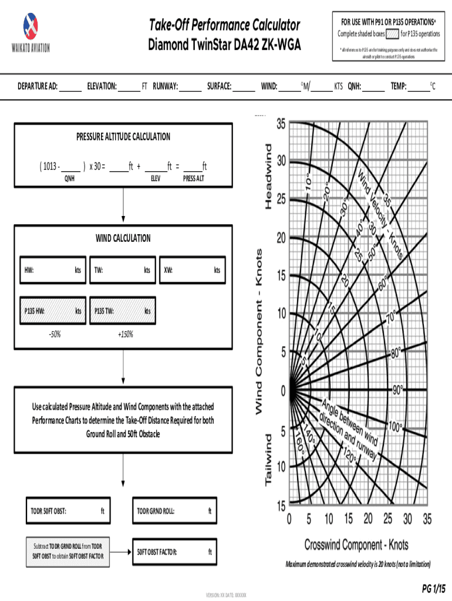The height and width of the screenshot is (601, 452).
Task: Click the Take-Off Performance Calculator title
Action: [x=224, y=25]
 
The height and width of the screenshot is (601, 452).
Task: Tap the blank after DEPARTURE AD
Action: [x=70, y=87]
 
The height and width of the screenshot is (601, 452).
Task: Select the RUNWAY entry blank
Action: [x=190, y=87]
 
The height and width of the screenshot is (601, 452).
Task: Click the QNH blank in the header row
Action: [x=373, y=87]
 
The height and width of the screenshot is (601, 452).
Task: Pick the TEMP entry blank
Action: [x=419, y=87]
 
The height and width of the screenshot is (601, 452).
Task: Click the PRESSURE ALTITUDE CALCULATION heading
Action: [x=123, y=137]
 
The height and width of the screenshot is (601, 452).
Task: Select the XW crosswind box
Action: [x=192, y=271]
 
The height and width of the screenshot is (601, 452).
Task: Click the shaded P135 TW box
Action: [x=122, y=311]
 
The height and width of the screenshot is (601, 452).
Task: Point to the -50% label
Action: [x=55, y=335]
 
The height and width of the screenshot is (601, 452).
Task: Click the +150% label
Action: [x=125, y=335]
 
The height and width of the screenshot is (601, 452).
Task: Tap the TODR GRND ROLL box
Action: [x=174, y=511]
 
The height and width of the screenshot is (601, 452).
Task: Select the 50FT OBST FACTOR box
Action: [x=174, y=552]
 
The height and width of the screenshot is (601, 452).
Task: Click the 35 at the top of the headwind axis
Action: [x=281, y=124]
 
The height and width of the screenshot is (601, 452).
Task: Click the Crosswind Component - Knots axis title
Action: [x=356, y=545]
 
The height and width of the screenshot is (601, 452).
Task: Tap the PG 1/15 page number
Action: [x=433, y=588]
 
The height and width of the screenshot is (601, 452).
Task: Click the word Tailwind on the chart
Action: [x=268, y=460]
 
